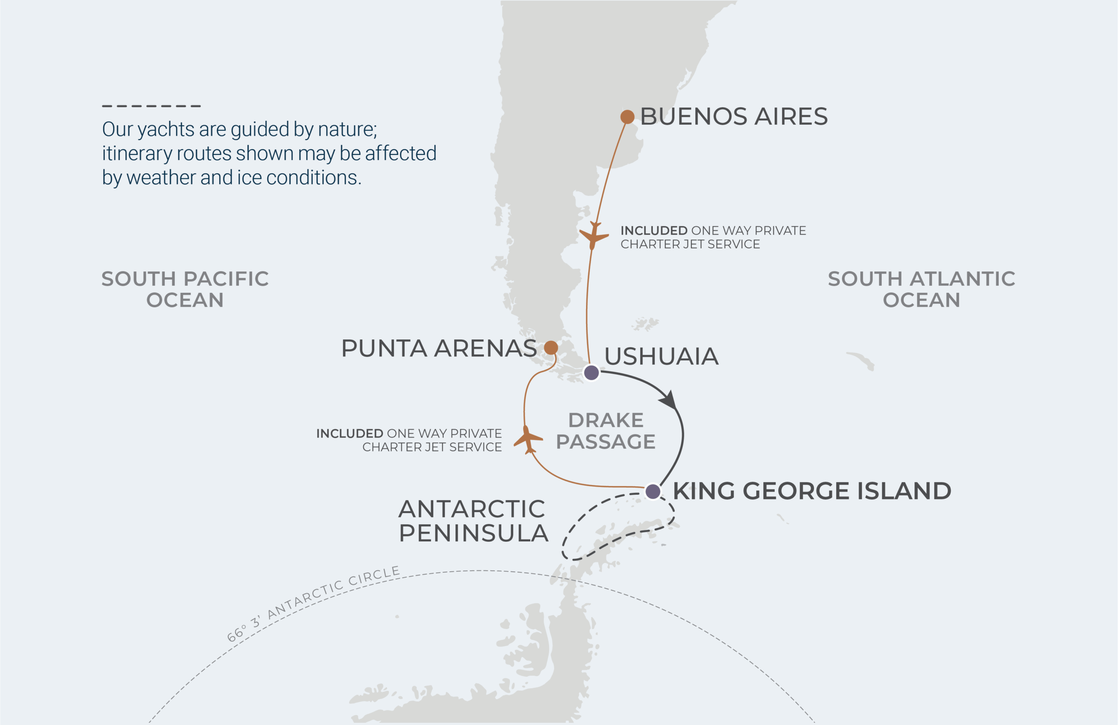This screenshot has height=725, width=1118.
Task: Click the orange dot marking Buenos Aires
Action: (627, 117)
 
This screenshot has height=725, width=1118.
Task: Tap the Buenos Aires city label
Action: (733, 116)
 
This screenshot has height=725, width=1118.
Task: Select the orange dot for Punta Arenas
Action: (551, 348)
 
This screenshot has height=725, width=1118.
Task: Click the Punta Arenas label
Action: (439, 348)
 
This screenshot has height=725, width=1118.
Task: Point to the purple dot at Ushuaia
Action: (591, 373)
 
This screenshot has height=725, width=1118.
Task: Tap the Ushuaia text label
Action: (661, 356)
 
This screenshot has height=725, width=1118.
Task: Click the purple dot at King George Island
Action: (652, 491)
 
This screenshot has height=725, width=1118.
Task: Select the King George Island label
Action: (812, 491)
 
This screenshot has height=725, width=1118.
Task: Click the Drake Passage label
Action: (605, 431)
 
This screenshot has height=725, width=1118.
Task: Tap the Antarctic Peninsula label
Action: (473, 521)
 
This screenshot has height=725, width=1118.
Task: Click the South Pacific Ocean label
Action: (185, 289)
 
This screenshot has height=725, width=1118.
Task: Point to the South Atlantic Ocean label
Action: (921, 289)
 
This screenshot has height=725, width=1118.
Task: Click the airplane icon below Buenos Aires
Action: (594, 236)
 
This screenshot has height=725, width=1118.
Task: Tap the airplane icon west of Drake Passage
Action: (528, 439)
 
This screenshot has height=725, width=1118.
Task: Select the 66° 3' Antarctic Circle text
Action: (313, 603)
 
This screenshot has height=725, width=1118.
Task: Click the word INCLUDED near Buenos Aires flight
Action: (653, 230)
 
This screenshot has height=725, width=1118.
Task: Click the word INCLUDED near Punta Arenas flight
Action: (349, 433)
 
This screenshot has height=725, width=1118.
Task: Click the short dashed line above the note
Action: (151, 106)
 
